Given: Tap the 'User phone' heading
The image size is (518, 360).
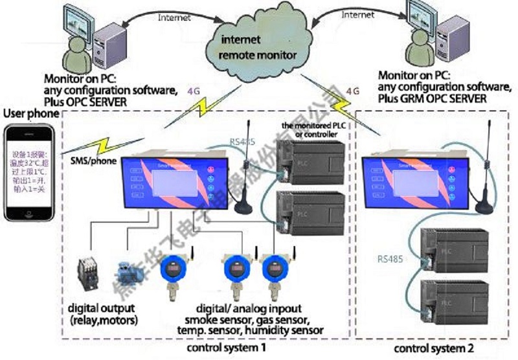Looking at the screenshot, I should coord(28,113).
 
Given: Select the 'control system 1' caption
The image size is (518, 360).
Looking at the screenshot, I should coord(224,348).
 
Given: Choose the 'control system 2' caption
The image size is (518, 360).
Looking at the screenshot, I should coord(433,348).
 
